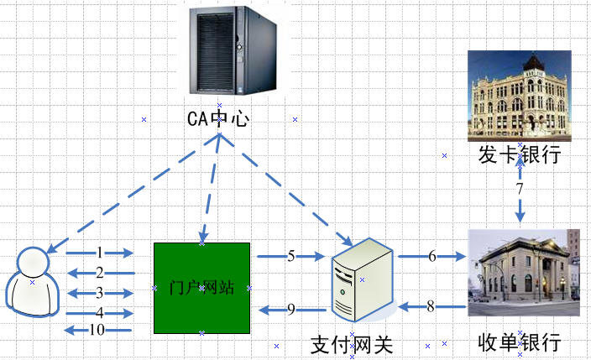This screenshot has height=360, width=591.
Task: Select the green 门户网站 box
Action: (201, 287)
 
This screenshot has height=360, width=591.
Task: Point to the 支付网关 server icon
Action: (362, 279)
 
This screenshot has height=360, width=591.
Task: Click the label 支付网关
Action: (352, 345)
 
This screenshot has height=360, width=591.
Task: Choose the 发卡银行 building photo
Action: (519, 94)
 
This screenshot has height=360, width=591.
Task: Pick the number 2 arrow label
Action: (100, 273)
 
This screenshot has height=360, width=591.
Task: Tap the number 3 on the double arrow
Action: (100, 293)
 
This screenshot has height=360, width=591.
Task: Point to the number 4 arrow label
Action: (100, 312)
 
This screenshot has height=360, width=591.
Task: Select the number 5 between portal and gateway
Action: (291, 256)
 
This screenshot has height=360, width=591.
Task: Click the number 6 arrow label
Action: (432, 256)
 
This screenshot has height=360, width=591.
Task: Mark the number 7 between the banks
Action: (520, 190)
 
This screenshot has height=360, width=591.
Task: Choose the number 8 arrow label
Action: (431, 307)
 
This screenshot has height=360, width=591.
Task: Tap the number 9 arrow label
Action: (291, 310)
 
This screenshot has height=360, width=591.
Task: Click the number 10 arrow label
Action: (97, 330)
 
